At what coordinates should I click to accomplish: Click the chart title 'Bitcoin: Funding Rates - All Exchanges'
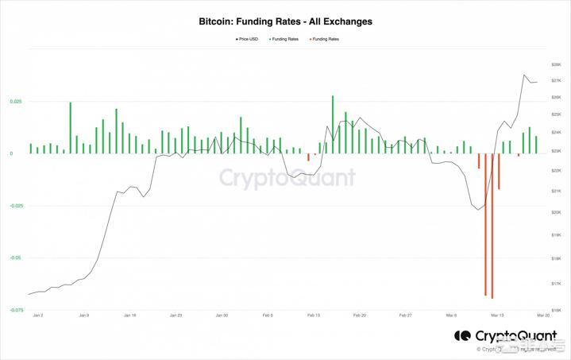[285, 21]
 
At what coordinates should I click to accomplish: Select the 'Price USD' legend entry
[247, 39]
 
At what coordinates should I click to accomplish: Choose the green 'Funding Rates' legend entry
[284, 39]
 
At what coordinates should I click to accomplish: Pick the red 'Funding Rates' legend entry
[324, 39]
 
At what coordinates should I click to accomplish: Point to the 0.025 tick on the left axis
[17, 102]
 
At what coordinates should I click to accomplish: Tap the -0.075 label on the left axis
[16, 310]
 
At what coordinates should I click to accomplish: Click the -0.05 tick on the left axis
[17, 257]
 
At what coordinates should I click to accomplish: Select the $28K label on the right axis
[556, 64]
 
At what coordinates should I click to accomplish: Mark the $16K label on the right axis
[556, 310]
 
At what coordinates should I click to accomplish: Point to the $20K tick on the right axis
[556, 212]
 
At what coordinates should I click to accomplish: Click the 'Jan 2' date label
[38, 315]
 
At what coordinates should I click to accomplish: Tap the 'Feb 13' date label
[313, 315]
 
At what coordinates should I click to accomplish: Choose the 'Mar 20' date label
[543, 315]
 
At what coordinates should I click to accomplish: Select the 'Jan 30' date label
[222, 315]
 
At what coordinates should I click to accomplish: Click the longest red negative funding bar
[492, 226]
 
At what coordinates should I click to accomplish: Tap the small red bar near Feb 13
[308, 157]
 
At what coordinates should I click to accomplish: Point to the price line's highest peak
[524, 75]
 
